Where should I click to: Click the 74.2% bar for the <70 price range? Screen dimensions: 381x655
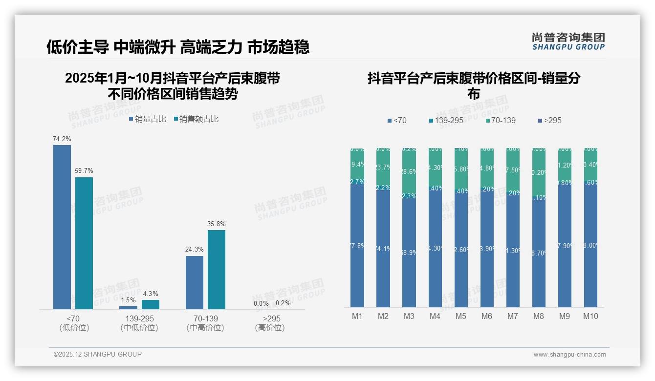tap(62, 227)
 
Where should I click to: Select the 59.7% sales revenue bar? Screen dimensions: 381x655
tap(84, 243)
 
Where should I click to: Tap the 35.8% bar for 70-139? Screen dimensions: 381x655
tap(217, 270)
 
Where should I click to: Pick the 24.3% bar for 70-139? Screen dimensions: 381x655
tap(195, 282)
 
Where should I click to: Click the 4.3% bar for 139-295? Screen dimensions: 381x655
tap(151, 304)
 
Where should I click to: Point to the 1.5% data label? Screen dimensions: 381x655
tap(128, 299)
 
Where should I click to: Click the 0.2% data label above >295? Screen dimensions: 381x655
tap(283, 303)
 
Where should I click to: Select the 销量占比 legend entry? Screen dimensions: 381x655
tap(148, 119)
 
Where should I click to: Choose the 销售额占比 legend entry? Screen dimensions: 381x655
tap(196, 119)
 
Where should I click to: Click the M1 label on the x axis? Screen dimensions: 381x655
tap(357, 316)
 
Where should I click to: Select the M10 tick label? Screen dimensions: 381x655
tap(590, 316)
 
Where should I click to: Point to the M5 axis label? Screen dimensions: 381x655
tap(461, 316)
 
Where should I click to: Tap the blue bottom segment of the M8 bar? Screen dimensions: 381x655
tap(539, 254)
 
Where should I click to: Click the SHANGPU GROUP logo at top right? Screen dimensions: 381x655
tap(568, 42)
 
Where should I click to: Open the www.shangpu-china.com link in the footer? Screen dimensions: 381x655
tap(569, 354)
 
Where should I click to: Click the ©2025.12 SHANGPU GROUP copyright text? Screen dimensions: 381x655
tap(98, 354)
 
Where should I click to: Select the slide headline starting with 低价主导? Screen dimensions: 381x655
tap(178, 47)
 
